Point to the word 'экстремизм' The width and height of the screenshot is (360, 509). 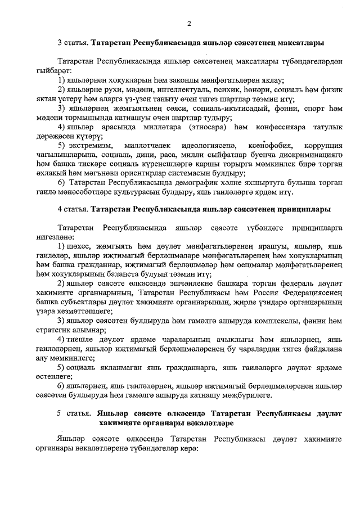(x=86, y=146)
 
